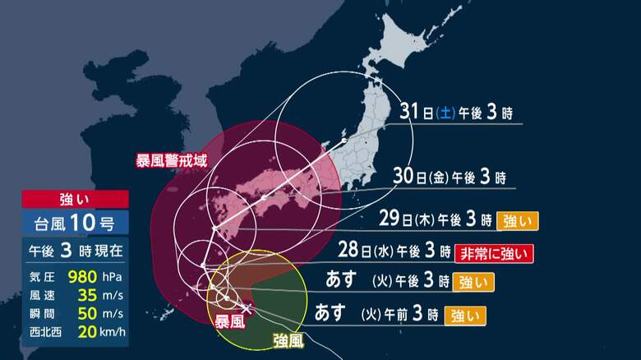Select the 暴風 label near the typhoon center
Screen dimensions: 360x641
pyautogui.click(x=230, y=322)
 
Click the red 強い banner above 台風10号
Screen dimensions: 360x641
pyautogui.click(x=75, y=199)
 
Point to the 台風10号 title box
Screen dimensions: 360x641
pyautogui.click(x=75, y=222)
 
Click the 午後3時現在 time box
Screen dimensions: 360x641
pyautogui.click(x=75, y=250)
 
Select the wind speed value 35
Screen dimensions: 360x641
pyautogui.click(x=86, y=293)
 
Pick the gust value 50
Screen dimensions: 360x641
pyautogui.click(x=86, y=312)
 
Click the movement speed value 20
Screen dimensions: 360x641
pyautogui.click(x=86, y=331)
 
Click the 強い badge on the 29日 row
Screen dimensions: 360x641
pyautogui.click(x=517, y=220)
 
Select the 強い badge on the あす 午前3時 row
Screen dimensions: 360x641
pyautogui.click(x=464, y=314)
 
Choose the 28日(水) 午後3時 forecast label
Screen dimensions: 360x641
pyautogui.click(x=394, y=251)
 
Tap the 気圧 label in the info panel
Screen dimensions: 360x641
pyautogui.click(x=39, y=275)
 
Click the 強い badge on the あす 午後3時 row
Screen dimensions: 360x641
pyautogui.click(x=473, y=282)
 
